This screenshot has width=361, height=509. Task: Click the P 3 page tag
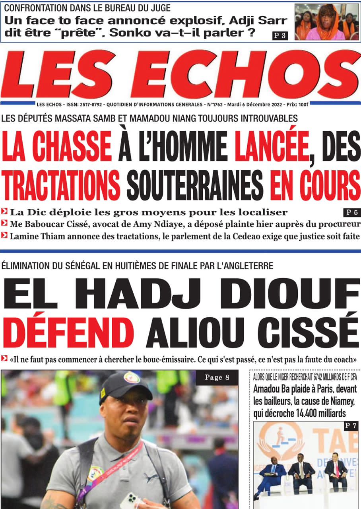279,35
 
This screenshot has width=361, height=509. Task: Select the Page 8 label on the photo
217,377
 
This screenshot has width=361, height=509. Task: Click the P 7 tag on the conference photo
350,426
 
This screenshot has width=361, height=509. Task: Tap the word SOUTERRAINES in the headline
195,185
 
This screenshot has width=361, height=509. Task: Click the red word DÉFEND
71,331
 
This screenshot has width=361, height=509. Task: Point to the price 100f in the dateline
303,105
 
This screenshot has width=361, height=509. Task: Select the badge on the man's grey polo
95,474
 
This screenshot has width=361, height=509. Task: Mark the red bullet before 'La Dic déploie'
4,211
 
